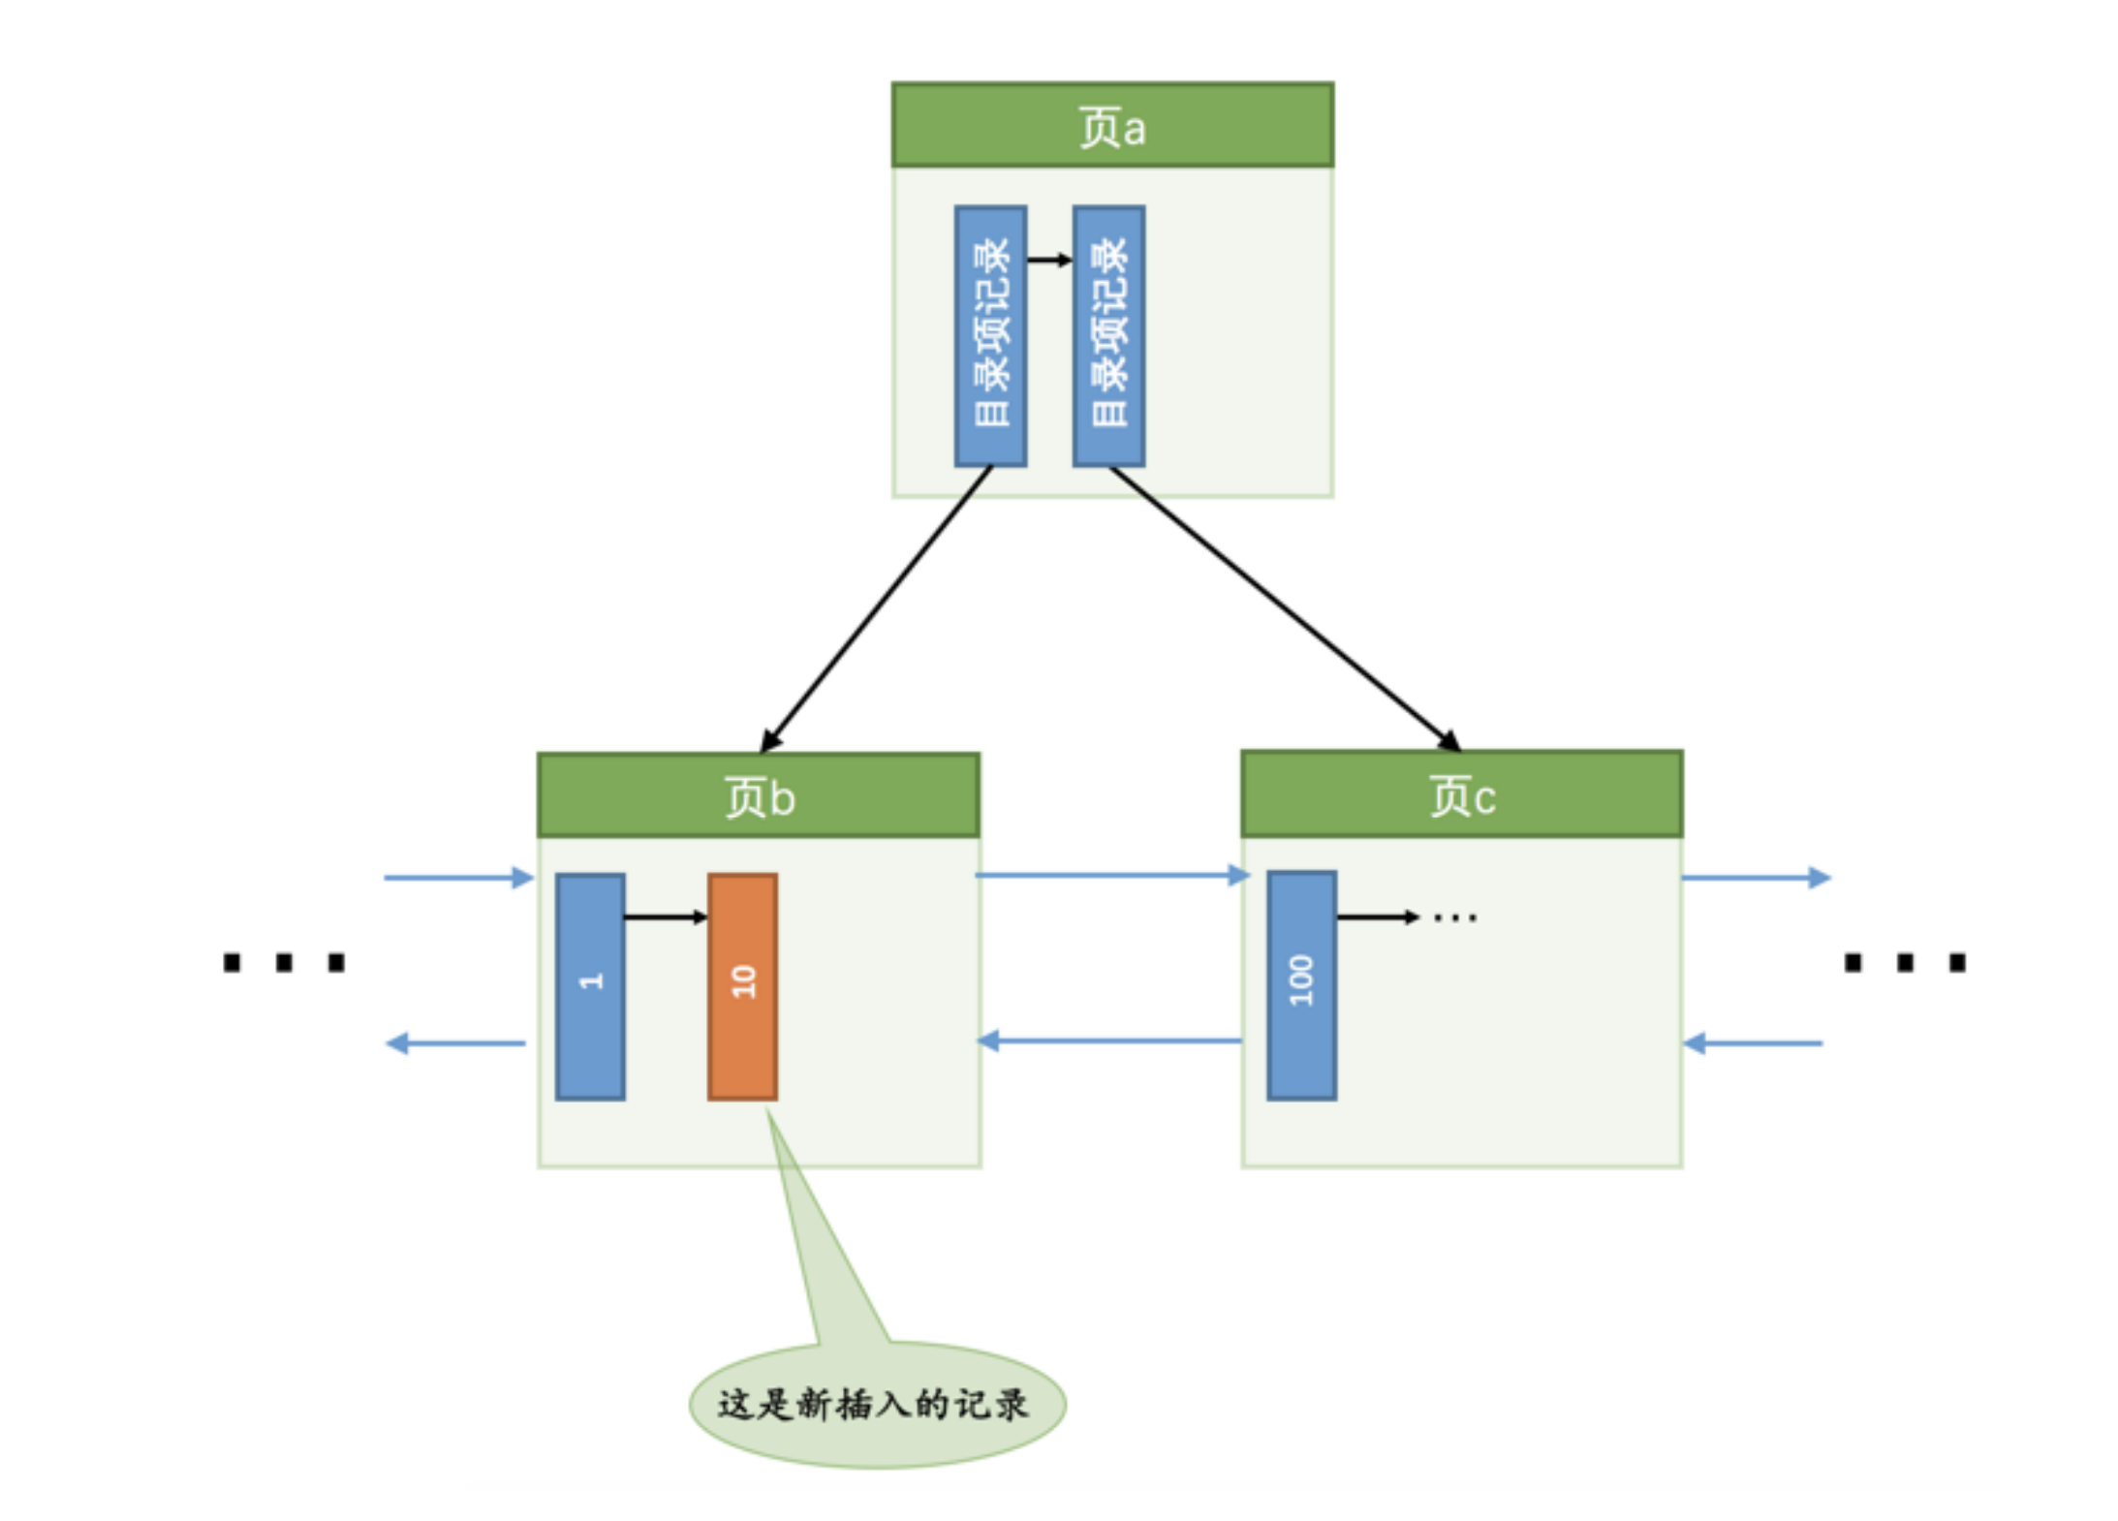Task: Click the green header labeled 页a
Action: [x=1111, y=125]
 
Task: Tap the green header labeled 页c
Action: [x=1461, y=793]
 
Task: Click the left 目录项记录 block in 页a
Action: [x=989, y=335]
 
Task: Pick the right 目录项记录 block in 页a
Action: [x=1108, y=335]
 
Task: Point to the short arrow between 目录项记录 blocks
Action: [x=1048, y=260]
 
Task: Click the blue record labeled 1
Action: [x=589, y=986]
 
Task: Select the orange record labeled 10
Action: [x=742, y=986]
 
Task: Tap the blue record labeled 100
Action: [x=1300, y=984]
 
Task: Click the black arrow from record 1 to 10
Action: [x=665, y=916]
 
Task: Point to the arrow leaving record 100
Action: [x=1376, y=916]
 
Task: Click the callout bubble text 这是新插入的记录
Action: [x=872, y=1404]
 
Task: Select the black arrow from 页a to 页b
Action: [x=876, y=608]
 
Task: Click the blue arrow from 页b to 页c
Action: [x=1110, y=876]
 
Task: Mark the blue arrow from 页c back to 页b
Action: [x=1110, y=1041]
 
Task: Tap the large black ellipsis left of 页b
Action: [x=284, y=962]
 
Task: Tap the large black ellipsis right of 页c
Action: [x=1904, y=962]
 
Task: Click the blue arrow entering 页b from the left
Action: [x=457, y=878]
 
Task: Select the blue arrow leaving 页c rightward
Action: [x=1755, y=878]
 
